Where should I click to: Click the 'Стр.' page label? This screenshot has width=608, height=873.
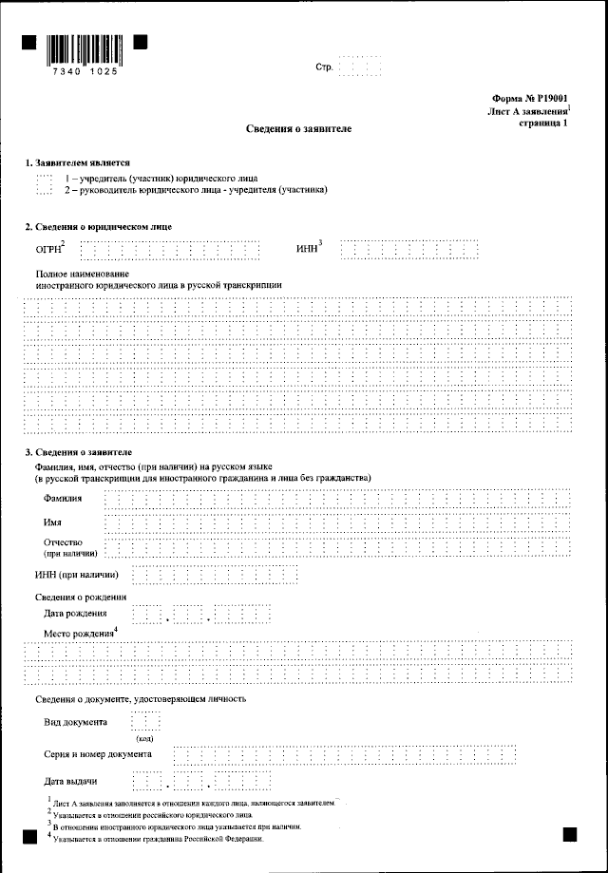[x=324, y=66]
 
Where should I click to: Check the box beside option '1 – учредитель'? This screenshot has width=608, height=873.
[x=43, y=178]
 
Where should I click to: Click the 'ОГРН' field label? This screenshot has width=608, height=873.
[x=48, y=251]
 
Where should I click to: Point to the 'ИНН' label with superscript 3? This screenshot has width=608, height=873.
[x=309, y=250]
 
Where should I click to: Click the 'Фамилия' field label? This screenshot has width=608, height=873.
[x=63, y=499]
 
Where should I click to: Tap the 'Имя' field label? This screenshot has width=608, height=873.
[x=53, y=522]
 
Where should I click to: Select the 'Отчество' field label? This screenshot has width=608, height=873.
[x=63, y=542]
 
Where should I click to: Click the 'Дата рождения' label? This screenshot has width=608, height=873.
[x=75, y=615]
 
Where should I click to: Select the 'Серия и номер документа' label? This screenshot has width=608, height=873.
[x=98, y=754]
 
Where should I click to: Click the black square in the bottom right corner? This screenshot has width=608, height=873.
[x=570, y=834]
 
